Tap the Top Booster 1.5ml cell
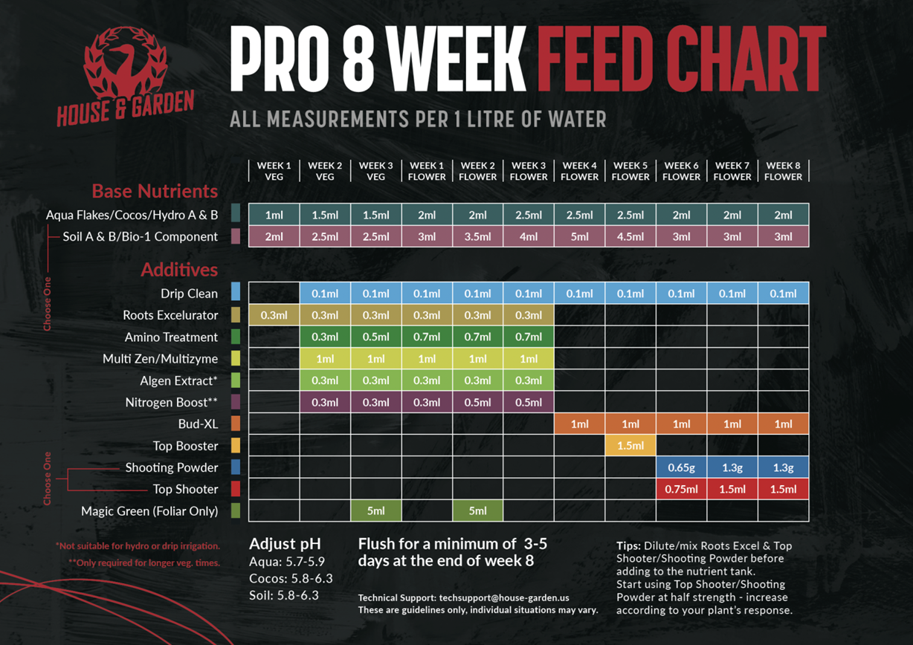630,446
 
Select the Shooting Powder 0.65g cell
681,467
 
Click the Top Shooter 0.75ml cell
681,489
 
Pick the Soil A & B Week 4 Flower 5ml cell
579,237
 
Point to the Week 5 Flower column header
630,171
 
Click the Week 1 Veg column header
274,171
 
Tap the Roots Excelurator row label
170,315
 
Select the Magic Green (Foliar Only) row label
149,511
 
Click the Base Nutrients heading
155,191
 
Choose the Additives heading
179,269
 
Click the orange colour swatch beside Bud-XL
236,424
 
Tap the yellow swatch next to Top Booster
236,446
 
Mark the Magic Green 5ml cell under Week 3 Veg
375,511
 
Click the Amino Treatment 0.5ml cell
375,337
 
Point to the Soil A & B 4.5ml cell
630,237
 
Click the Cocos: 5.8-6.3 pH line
291,578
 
